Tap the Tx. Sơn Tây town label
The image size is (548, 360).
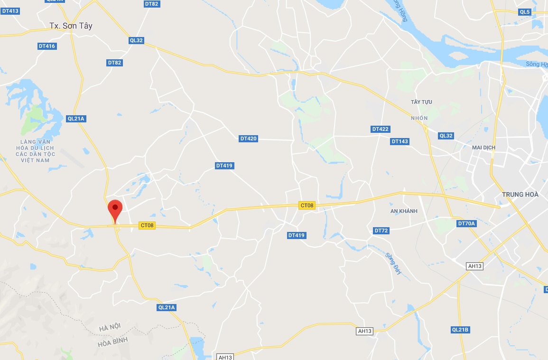[x=71, y=26]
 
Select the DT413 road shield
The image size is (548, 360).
[x=10, y=10]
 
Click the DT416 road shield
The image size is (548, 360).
[x=47, y=46]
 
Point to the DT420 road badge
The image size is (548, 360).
[x=248, y=138]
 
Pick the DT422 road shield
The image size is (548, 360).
[x=380, y=129]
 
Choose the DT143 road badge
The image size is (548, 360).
[x=399, y=141]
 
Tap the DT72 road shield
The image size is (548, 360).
[x=381, y=231]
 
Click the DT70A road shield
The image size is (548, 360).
[x=466, y=223]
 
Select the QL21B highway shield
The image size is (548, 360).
[x=460, y=330]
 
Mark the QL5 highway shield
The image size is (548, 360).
[x=524, y=12]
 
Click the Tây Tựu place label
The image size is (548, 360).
[x=421, y=102]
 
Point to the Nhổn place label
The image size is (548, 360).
[x=419, y=118]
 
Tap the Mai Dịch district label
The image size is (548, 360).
[x=483, y=148]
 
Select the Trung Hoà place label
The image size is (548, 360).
[x=520, y=194]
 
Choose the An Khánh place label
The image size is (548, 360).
[x=404, y=211]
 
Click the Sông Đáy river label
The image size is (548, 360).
[x=393, y=263]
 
